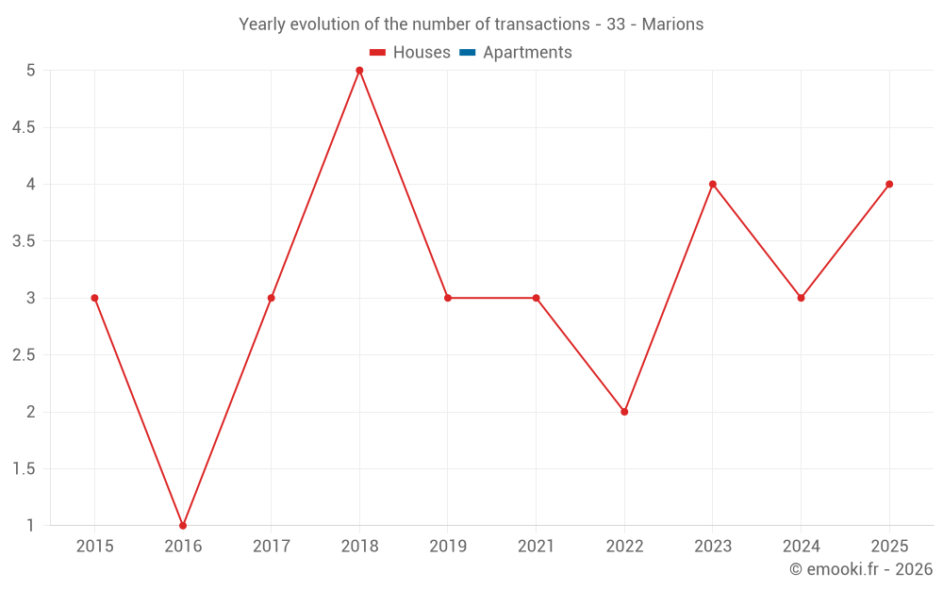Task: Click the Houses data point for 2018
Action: tap(359, 71)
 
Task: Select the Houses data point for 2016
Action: tap(183, 525)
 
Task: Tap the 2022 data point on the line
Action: tap(624, 412)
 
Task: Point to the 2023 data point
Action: tap(713, 184)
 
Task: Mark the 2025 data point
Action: tap(889, 184)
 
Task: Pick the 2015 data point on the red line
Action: tap(94, 298)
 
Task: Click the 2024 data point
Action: tap(801, 298)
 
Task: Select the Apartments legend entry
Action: tap(527, 53)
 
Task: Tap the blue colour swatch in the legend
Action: tap(467, 53)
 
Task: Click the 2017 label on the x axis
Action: tap(271, 546)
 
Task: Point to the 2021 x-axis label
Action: tap(536, 546)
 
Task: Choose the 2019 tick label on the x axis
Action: tap(448, 546)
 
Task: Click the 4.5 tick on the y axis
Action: tap(24, 127)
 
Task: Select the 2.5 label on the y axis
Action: tap(24, 355)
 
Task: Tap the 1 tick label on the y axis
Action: tap(30, 525)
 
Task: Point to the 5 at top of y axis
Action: tap(30, 71)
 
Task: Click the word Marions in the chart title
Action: tap(672, 25)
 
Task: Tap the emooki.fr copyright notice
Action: tap(861, 569)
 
